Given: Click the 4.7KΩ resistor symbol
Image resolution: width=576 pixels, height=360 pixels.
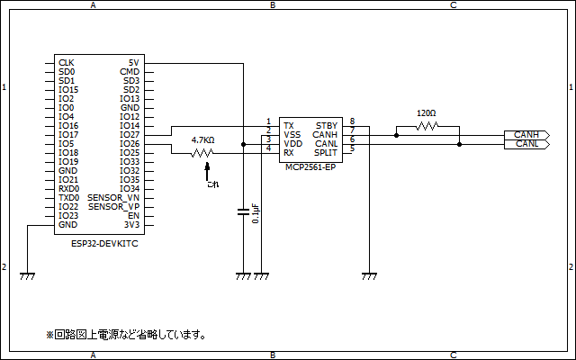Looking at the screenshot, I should pos(203,153).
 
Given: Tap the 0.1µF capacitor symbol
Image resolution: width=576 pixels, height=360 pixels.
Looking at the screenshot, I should pos(243,212).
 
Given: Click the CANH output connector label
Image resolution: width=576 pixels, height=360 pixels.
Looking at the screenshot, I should pos(526,135).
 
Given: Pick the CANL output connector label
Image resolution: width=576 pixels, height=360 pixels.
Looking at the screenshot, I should pos(526,144).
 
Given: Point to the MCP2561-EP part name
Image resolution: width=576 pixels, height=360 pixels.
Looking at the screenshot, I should pos(310,167).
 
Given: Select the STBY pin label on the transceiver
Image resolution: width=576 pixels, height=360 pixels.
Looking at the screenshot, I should pos(326,126).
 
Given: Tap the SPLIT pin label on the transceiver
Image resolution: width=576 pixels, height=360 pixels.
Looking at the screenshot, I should pos(325,153).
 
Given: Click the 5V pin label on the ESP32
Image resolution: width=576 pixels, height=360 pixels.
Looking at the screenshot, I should pos(133,63).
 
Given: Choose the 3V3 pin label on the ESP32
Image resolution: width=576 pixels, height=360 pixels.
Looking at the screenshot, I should pos(131,225).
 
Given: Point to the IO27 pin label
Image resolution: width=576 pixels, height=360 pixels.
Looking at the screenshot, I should pos(130,135).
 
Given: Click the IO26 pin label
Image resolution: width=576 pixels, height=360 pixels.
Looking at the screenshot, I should pos(130,144).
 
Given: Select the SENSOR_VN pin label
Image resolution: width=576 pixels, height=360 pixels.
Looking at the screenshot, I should pos(113,198).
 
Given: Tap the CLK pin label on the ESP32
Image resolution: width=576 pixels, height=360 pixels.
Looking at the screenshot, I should pos(66,63).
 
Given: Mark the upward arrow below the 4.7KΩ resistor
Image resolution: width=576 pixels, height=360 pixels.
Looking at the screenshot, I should pos(206,172).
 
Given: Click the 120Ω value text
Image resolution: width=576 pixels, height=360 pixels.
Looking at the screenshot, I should pos(427,113).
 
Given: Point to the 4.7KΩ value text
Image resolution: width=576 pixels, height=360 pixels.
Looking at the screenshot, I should pos(203,140).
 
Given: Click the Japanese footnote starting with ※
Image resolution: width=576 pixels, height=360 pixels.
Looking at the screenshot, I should pos(127,335).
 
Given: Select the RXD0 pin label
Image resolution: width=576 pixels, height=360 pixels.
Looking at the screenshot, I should pos(68,189).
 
